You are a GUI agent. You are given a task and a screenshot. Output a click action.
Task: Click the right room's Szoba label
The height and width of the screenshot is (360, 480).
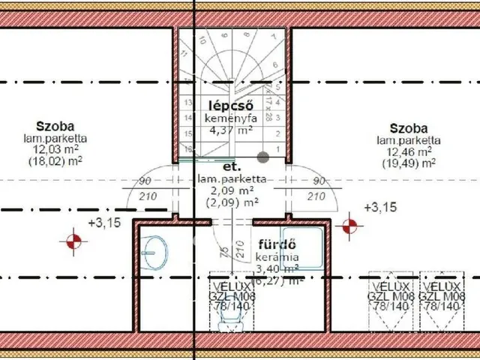click(x=409, y=128)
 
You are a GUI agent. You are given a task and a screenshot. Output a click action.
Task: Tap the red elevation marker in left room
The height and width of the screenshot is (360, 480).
click(x=73, y=241)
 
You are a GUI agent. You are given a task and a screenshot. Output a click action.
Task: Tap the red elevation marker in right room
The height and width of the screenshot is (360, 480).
click(x=349, y=224)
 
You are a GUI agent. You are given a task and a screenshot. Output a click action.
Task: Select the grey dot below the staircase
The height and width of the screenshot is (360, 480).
click(x=263, y=157)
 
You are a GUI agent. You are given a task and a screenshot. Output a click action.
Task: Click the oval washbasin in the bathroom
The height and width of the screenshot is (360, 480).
click(x=156, y=253)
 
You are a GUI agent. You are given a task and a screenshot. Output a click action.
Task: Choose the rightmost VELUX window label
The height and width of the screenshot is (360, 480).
click(x=440, y=296)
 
